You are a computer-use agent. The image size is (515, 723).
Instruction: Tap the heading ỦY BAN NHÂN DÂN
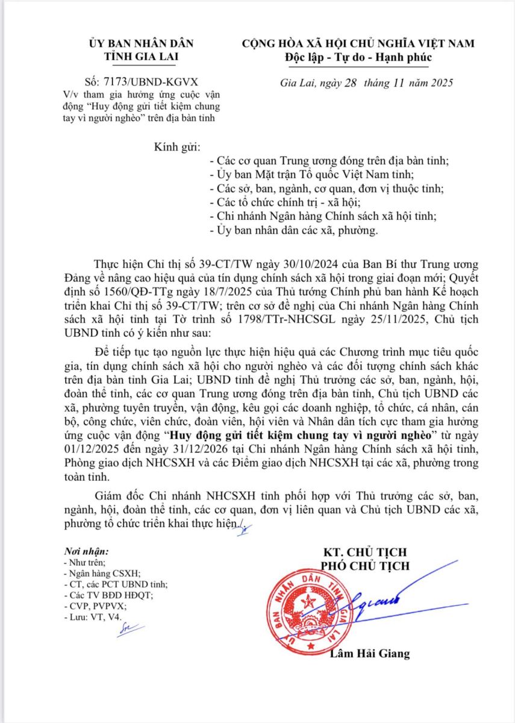133,44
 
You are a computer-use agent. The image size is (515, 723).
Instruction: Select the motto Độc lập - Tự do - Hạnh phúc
358,58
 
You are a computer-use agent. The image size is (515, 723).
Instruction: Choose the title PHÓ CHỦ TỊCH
365,566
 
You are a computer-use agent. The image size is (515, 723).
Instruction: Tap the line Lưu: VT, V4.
92,617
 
